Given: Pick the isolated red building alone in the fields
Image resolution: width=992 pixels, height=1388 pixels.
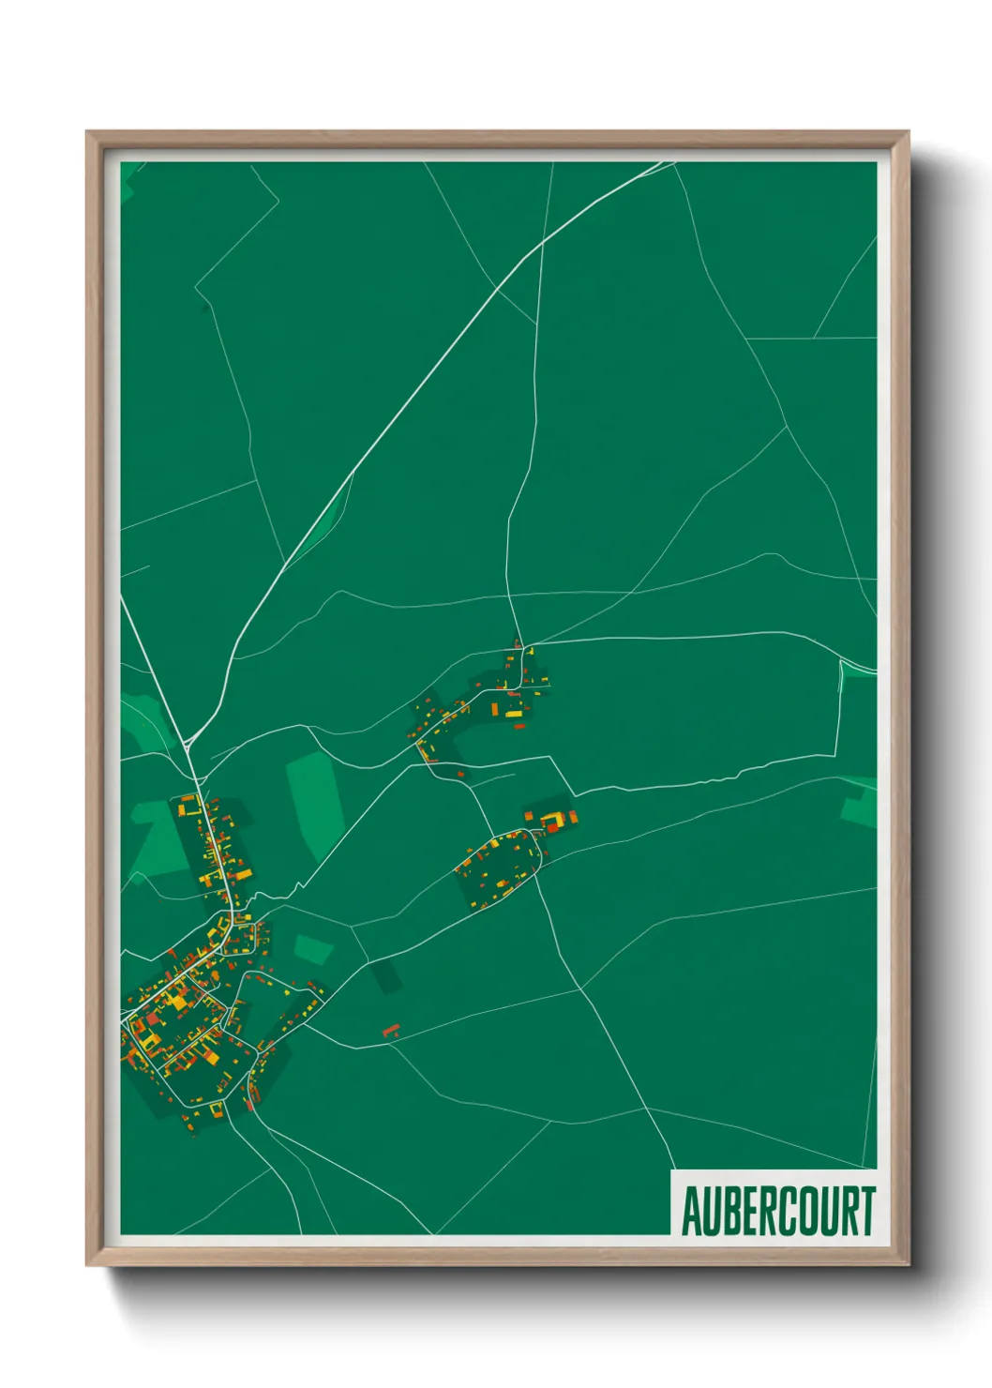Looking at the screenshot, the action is coord(391,1031).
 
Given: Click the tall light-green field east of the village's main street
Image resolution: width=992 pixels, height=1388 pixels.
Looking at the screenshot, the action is coord(312,802).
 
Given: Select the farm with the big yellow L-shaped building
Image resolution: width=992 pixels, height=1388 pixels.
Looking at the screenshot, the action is coord(552,820).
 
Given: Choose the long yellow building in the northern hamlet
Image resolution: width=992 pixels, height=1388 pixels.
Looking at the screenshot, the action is coord(514,714).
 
